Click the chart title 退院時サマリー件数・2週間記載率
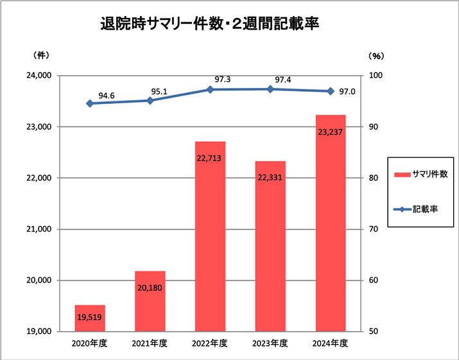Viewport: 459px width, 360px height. (210, 25)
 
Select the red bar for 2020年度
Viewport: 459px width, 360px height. (90, 318)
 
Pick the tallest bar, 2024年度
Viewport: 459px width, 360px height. (331, 225)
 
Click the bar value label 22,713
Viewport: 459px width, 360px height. (210, 157)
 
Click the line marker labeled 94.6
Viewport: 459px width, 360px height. (90, 103)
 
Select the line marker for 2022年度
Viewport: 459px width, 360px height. (210, 90)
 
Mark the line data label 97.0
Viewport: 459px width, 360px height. (347, 92)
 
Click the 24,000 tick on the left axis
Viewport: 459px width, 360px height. (40, 76)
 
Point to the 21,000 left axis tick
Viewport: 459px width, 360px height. (40, 229)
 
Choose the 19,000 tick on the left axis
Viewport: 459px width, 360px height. (40, 332)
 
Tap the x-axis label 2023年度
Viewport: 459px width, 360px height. (270, 343)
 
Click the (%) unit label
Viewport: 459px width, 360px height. (376, 56)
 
